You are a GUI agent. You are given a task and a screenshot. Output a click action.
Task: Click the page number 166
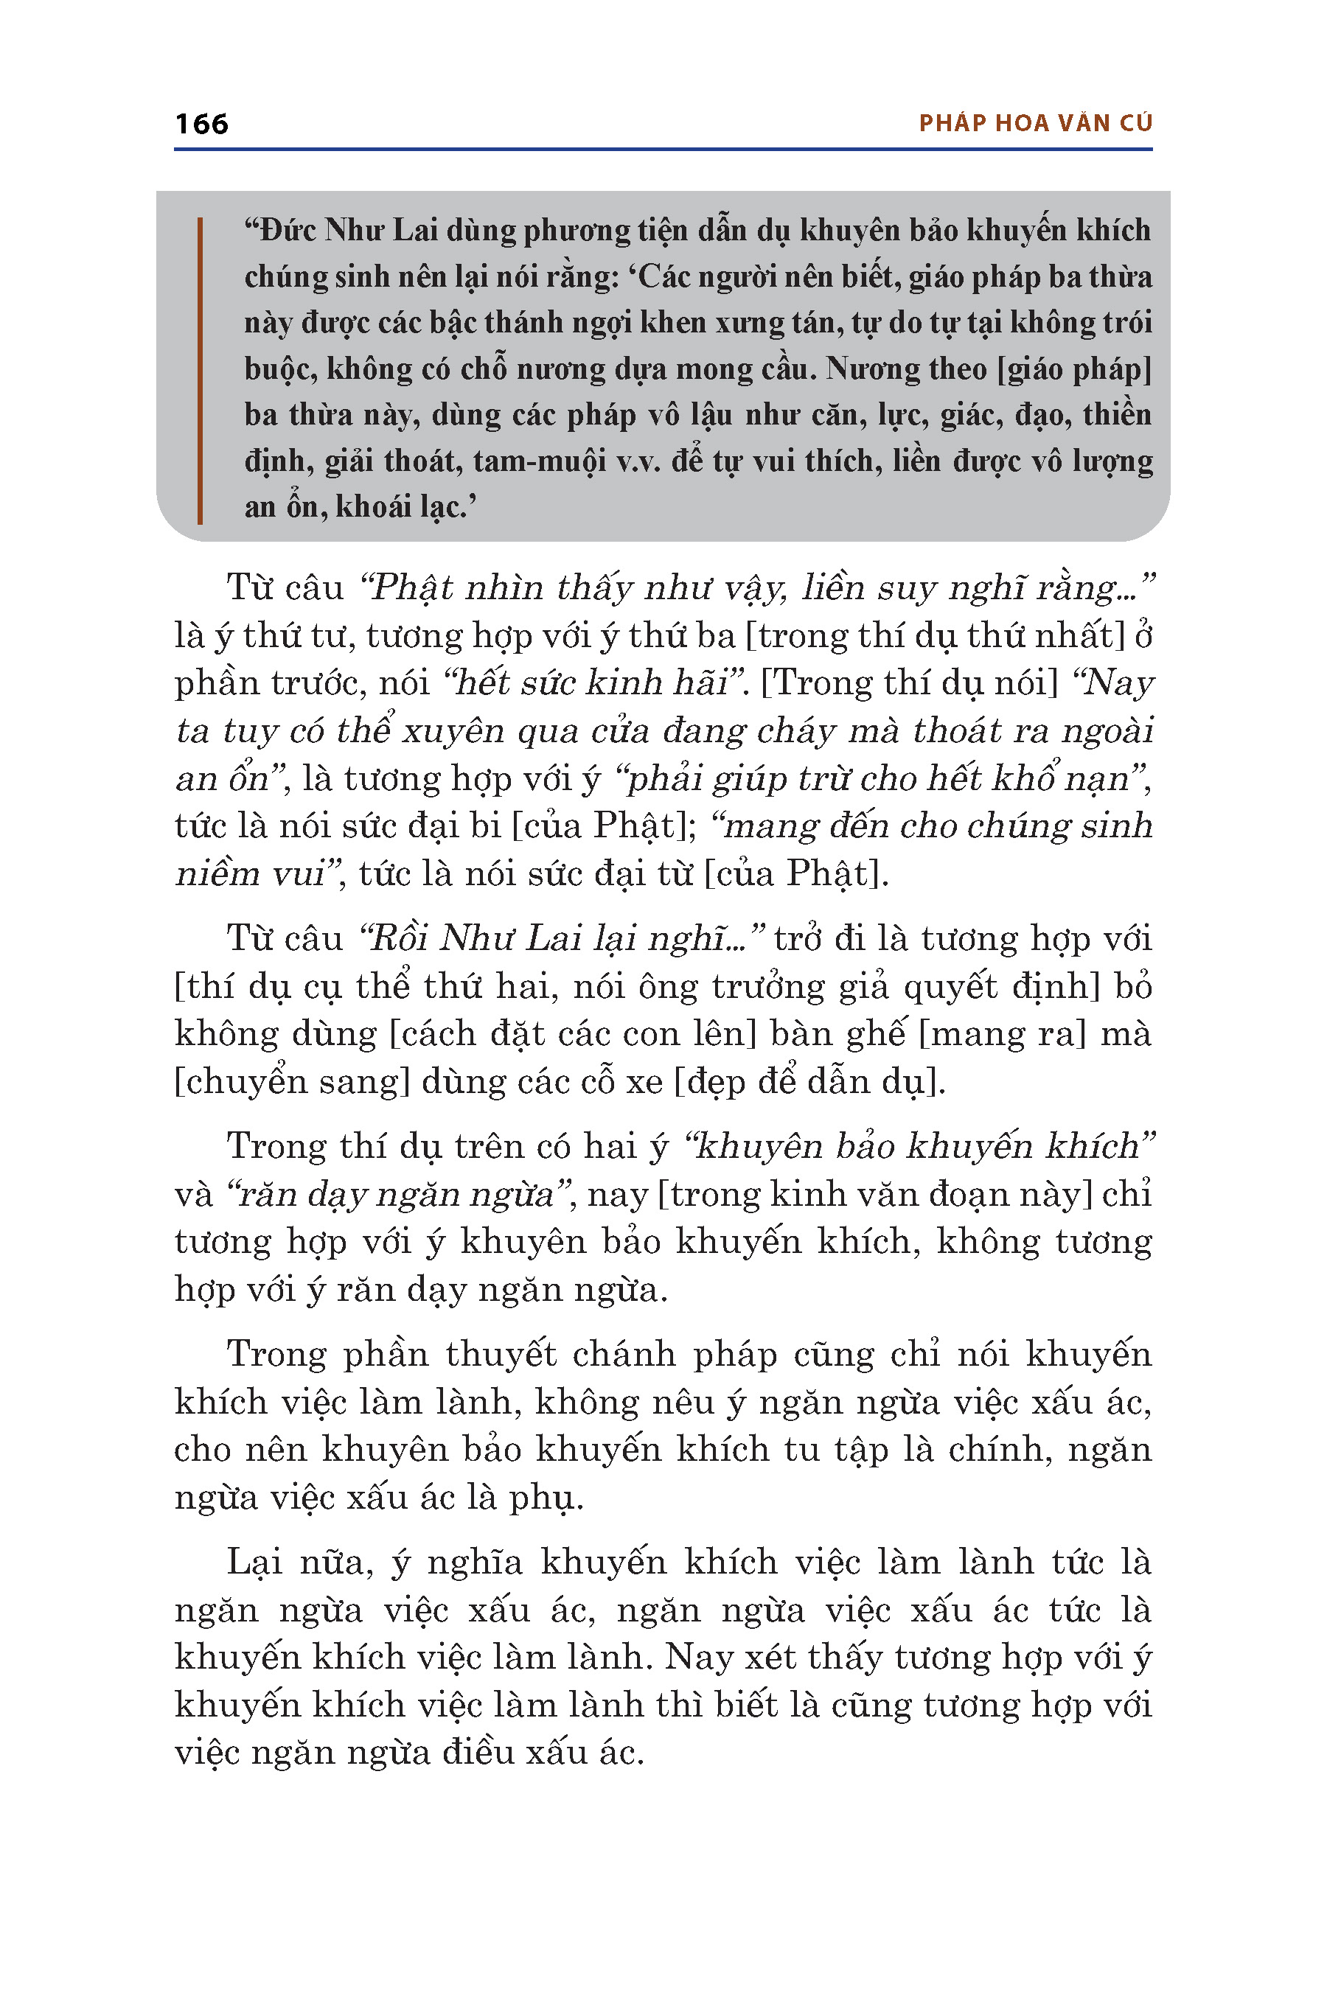coord(201,125)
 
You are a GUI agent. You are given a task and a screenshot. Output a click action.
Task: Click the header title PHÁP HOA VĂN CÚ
coord(1035,124)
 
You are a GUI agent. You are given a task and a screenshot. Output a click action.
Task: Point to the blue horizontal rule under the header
coord(663,150)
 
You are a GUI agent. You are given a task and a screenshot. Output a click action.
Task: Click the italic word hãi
coord(700,682)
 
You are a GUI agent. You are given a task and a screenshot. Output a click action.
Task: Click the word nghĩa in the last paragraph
coord(474,1563)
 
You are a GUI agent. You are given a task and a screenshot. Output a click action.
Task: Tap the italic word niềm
coord(216,873)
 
